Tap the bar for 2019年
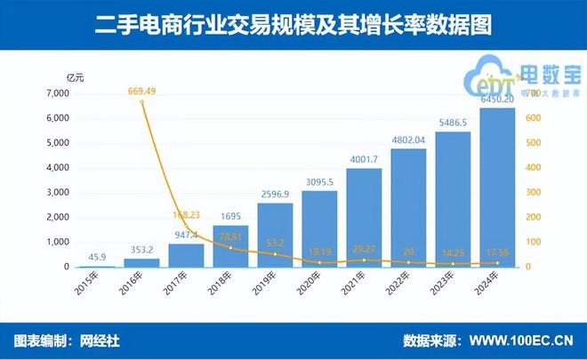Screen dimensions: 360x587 coord(274,235)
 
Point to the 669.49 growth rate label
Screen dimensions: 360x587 coord(141,91)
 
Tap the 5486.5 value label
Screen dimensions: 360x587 coord(452,123)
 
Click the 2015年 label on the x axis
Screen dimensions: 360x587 coord(89,285)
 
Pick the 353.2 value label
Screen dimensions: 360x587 coord(141,250)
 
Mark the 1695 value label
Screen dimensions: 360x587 coord(229,216)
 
